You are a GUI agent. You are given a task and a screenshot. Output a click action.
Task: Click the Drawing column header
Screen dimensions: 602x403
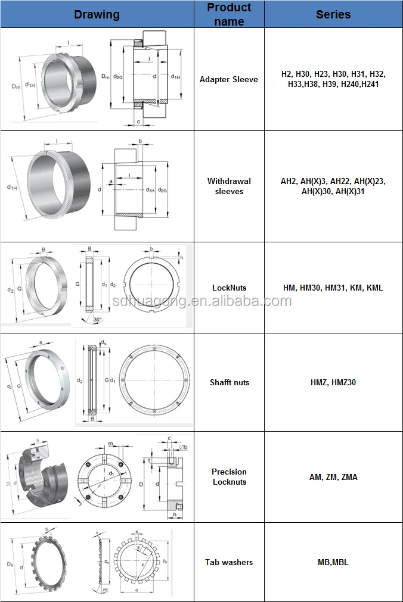point(97,14)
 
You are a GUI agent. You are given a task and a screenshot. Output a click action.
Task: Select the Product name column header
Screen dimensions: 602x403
point(229,14)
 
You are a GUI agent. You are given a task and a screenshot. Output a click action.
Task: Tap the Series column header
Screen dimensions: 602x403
point(333,14)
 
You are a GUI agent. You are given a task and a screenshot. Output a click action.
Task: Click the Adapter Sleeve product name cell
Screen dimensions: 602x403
point(229,79)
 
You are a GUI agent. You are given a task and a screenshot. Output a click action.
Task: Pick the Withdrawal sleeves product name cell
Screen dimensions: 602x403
point(229,186)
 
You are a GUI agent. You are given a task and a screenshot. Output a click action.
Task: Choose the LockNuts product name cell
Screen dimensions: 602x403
point(229,288)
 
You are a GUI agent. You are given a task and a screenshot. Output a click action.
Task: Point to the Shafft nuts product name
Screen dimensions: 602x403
point(229,382)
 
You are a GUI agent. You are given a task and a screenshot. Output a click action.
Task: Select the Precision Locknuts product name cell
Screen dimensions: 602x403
point(229,476)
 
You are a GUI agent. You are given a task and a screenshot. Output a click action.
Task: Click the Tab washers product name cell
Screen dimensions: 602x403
point(229,562)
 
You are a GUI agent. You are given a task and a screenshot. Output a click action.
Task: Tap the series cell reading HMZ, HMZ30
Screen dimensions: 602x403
point(333,382)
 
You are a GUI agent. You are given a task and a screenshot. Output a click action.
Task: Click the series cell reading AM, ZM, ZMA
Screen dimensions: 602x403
point(333,477)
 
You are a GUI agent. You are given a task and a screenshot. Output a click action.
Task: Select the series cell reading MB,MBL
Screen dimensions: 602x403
point(333,562)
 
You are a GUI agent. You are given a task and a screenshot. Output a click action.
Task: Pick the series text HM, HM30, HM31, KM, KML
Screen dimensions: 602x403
point(333,288)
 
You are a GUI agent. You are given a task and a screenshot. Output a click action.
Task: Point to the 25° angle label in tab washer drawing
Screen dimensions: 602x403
point(104,589)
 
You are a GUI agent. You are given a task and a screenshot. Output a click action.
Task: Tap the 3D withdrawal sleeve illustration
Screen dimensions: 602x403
point(54,186)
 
